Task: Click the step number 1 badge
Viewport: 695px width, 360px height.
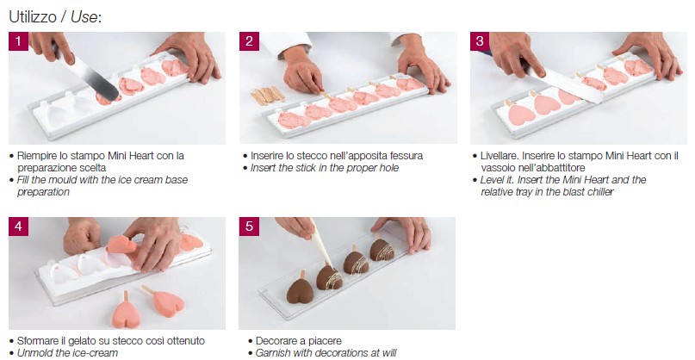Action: [x=18, y=41]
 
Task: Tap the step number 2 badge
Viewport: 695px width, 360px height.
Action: [x=249, y=41]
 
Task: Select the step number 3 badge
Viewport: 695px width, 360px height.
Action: [x=480, y=41]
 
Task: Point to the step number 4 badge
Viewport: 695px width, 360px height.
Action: [x=18, y=227]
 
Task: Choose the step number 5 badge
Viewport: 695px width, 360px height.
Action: [x=249, y=227]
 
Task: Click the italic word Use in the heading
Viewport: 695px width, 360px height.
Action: [x=84, y=17]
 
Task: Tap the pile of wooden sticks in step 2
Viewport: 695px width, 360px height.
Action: [x=267, y=96]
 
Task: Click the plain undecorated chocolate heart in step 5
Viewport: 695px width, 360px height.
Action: [x=300, y=291]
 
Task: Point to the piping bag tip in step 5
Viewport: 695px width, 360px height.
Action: [x=331, y=264]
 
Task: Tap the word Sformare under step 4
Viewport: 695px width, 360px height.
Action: [x=36, y=341]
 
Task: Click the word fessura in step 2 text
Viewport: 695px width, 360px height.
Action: [x=406, y=156]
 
